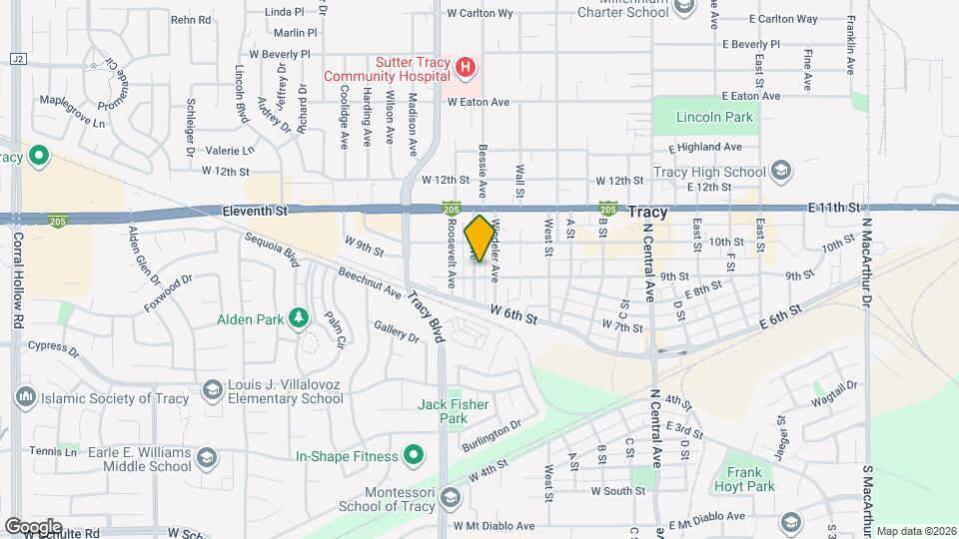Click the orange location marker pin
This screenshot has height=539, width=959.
[x=479, y=239]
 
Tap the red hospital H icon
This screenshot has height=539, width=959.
[x=465, y=69]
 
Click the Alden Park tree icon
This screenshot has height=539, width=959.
[x=298, y=318]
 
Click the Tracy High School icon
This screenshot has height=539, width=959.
[x=781, y=171]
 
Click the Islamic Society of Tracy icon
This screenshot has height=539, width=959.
[x=26, y=397]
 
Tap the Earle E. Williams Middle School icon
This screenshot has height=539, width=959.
[x=206, y=458]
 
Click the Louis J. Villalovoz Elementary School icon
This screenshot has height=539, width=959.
[x=212, y=389]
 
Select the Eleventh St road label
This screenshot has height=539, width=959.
[x=254, y=211]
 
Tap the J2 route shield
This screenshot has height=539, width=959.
[x=17, y=59]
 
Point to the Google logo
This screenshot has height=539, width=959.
[x=33, y=526]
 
